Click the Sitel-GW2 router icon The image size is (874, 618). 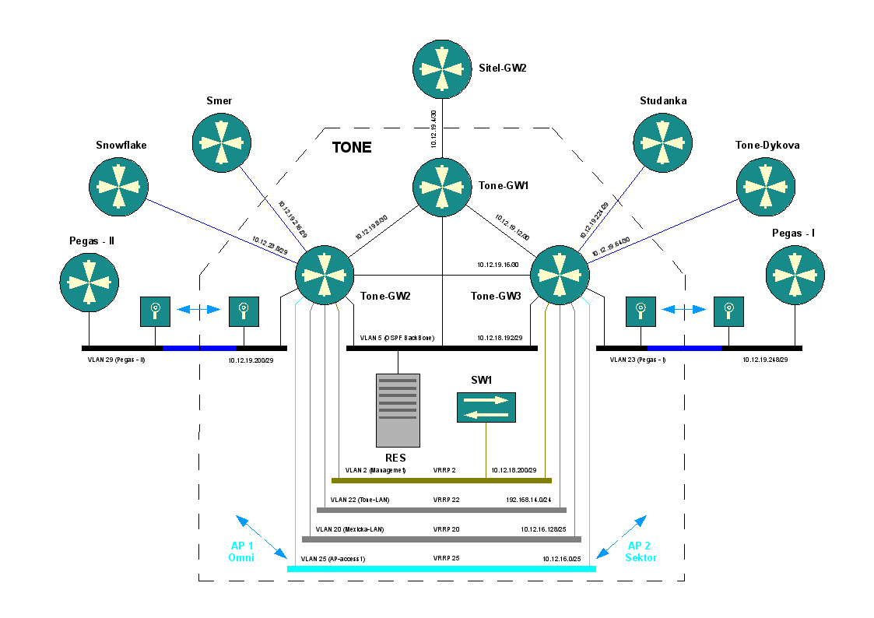[442, 68]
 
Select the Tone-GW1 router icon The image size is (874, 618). [442, 187]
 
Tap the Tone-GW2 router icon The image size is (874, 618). [325, 275]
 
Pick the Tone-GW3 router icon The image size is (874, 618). [559, 275]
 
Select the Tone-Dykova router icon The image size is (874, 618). [766, 187]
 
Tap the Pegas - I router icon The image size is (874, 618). [795, 275]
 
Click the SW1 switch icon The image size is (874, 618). [486, 407]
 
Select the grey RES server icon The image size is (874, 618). [398, 410]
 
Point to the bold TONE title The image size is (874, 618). [352, 147]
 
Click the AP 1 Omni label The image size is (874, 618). [241, 551]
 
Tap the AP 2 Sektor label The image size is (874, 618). [642, 551]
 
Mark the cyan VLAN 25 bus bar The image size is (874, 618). [441, 569]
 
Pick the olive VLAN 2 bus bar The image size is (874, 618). [441, 480]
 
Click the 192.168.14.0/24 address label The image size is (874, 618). [528, 500]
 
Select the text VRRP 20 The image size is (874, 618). [446, 529]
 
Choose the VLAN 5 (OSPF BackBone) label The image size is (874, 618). [397, 339]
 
